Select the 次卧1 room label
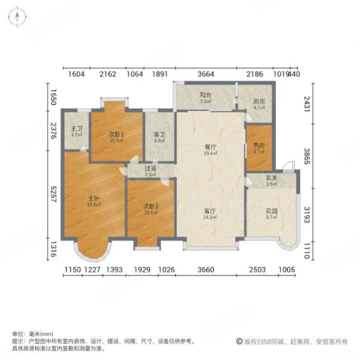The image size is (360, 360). point(116,134)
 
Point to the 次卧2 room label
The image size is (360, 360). point(150,206)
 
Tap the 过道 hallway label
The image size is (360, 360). point(150,170)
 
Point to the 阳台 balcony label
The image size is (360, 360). point(205,94)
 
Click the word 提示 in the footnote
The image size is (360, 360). point(18,341)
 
